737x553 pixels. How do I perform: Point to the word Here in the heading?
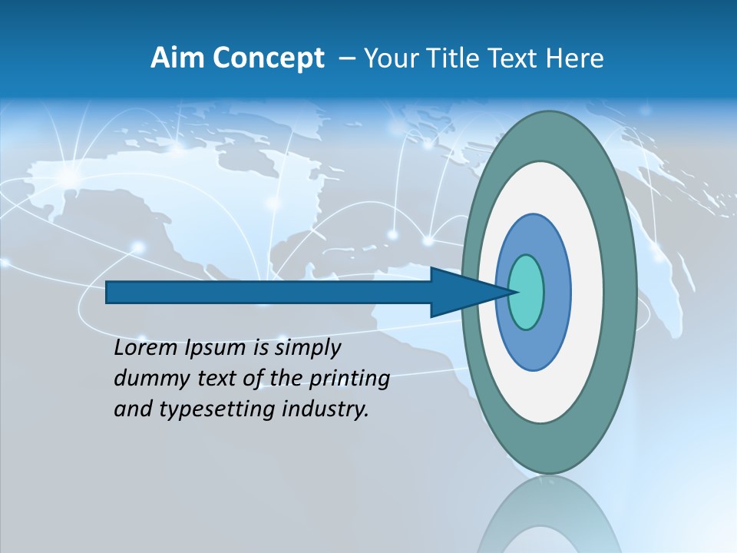[x=575, y=58]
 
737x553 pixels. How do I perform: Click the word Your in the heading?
[x=390, y=58]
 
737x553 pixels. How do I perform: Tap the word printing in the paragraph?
[x=349, y=379]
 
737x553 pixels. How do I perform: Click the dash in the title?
[x=346, y=58]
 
